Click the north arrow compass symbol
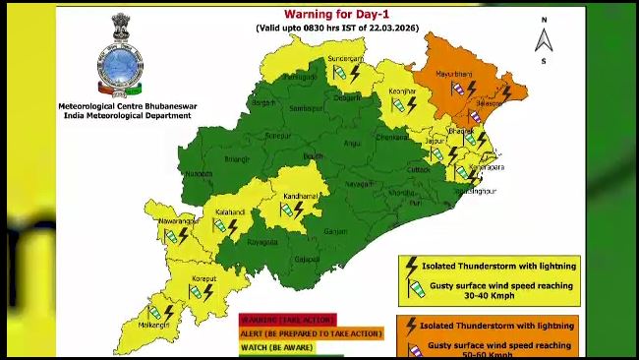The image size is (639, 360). pyautogui.click(x=544, y=36)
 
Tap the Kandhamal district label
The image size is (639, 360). pyautogui.click(x=298, y=196)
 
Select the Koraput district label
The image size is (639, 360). pyautogui.click(x=203, y=278)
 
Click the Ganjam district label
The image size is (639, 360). pyautogui.click(x=335, y=231)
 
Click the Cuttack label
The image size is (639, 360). pyautogui.click(x=421, y=168)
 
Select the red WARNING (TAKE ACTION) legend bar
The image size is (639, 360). pyautogui.click(x=287, y=320)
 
